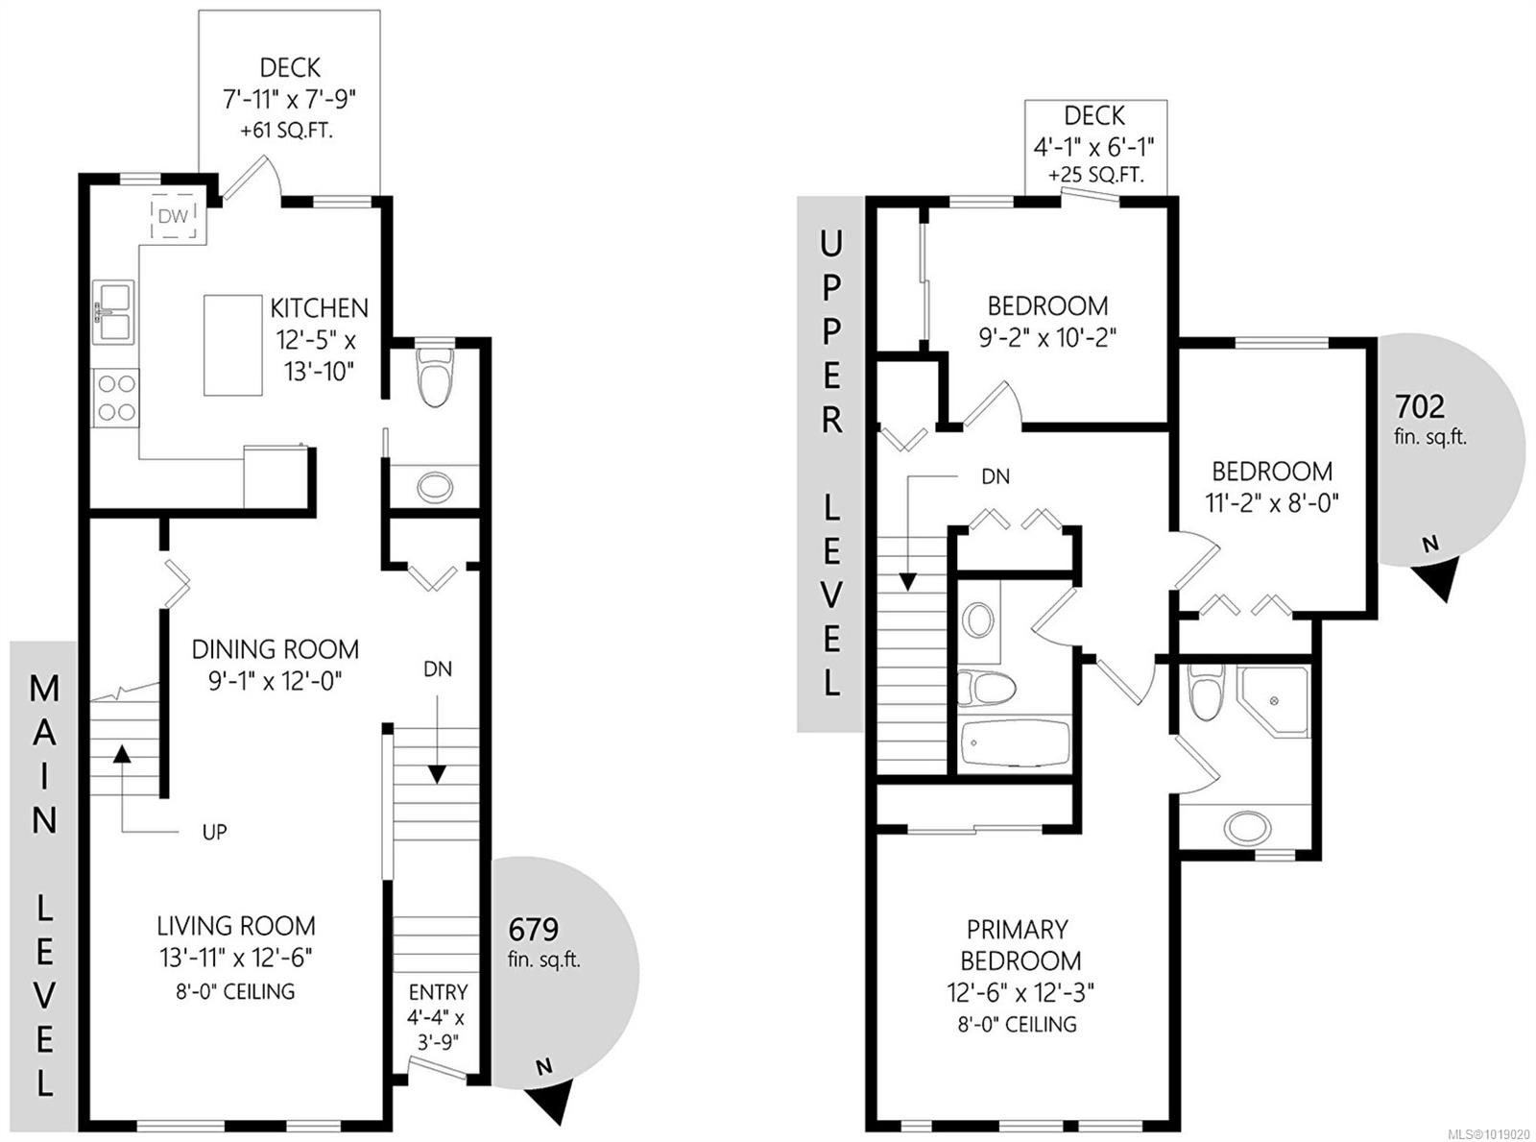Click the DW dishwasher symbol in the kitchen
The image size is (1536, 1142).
(174, 216)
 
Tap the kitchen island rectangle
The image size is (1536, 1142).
(232, 345)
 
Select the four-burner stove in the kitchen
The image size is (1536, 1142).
(116, 398)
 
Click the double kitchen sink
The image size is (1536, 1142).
(113, 310)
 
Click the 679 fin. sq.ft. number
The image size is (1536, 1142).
(533, 929)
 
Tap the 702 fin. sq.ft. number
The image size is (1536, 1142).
(1420, 406)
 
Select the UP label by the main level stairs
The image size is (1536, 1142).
(214, 832)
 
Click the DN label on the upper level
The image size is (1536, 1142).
(995, 476)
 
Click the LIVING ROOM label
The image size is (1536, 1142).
(236, 926)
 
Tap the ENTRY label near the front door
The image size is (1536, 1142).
(438, 992)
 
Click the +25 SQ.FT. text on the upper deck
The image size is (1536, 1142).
(1095, 176)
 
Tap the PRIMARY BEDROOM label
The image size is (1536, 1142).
(1017, 944)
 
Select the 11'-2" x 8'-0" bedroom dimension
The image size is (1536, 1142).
(1272, 502)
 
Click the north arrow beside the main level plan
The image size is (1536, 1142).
(554, 1100)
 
